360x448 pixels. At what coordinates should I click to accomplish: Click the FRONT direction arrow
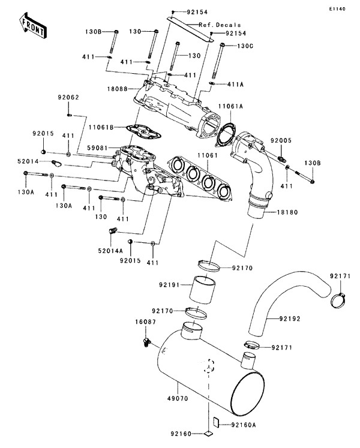pyautogui.click(x=33, y=23)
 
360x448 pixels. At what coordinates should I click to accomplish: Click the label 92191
pyautogui.click(x=170, y=285)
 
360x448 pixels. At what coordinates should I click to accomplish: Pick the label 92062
pyautogui.click(x=68, y=97)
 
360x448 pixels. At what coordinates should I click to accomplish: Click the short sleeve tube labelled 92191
pyautogui.click(x=203, y=293)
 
